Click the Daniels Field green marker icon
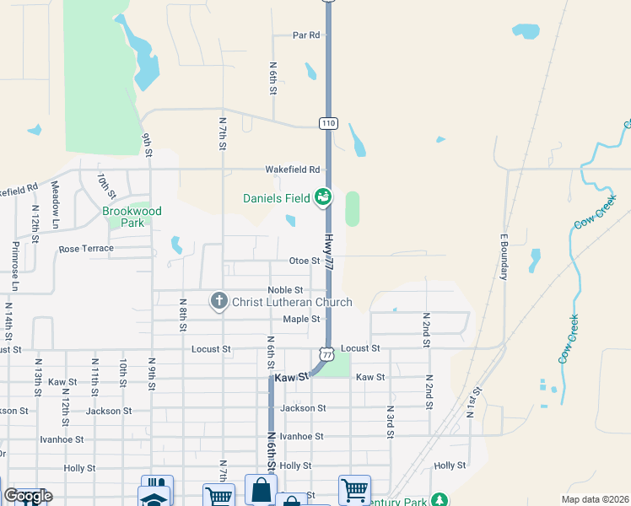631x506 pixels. (x=321, y=197)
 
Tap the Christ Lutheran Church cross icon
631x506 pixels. (x=219, y=301)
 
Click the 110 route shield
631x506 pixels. (x=328, y=123)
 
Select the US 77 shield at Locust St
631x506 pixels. (x=327, y=352)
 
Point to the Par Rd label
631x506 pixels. (x=306, y=35)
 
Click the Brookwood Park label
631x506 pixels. (x=132, y=217)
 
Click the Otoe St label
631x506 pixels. (x=305, y=261)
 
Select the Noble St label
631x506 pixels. (x=285, y=290)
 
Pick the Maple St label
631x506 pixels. (x=301, y=319)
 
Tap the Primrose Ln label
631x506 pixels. (x=15, y=267)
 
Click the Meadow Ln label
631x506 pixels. (x=54, y=204)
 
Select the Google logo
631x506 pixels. (x=27, y=496)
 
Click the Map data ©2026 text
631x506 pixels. (x=594, y=499)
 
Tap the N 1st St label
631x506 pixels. (x=473, y=402)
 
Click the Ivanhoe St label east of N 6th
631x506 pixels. (x=302, y=436)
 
